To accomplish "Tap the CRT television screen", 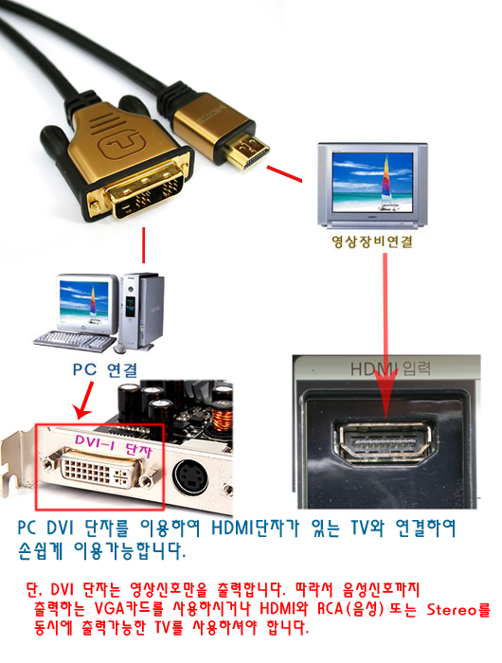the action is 372,183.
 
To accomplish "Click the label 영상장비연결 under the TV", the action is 371,242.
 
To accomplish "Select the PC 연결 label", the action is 105,370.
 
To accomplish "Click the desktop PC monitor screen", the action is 84,301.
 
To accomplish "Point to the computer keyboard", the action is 74,341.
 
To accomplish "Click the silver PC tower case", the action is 142,311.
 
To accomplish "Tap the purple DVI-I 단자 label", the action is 114,446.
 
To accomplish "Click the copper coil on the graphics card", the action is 223,418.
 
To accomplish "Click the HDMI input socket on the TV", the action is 385,442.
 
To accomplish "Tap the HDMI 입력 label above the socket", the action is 390,368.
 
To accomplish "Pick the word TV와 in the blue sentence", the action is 368,528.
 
